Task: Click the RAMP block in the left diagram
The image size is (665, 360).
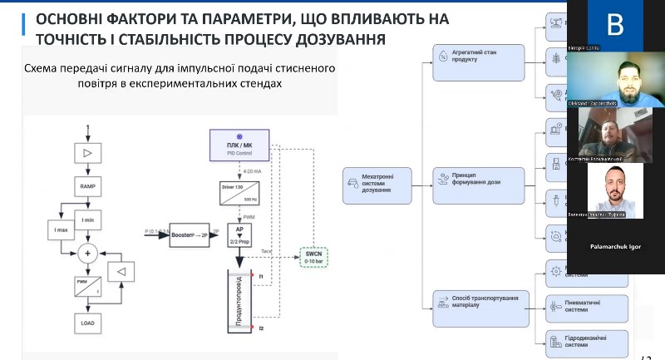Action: (87, 187)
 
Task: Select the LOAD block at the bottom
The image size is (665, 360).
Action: (87, 322)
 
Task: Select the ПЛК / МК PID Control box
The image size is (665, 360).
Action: (239, 145)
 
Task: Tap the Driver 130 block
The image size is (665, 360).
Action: (239, 190)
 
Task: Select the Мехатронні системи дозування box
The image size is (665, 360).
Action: (377, 185)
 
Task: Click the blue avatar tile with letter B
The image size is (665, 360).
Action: (615, 25)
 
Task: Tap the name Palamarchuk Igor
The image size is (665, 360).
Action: (615, 247)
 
